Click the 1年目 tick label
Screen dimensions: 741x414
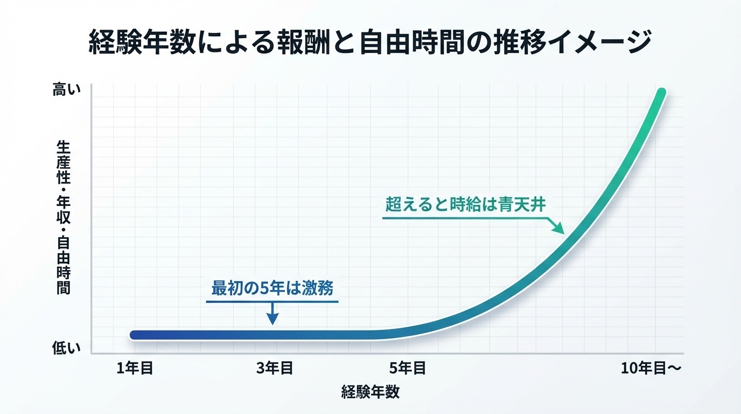(x=135, y=368)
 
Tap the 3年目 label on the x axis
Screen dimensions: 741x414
(x=275, y=368)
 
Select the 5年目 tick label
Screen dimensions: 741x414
(x=408, y=368)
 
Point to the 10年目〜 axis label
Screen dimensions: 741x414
(x=651, y=368)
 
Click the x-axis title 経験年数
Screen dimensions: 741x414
(x=370, y=392)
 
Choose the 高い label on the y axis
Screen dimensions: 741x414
(x=66, y=89)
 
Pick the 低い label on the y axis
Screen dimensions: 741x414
(x=66, y=348)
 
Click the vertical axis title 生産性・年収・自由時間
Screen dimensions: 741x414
(x=63, y=217)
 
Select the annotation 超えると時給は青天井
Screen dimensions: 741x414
(x=465, y=204)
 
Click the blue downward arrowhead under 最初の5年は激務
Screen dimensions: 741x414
(x=272, y=319)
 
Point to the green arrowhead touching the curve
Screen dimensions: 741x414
(x=559, y=228)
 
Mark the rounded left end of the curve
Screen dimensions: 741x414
(x=134, y=335)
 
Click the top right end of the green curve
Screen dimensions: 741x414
(x=662, y=92)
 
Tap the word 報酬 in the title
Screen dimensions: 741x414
(x=304, y=42)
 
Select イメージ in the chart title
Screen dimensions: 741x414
(x=599, y=42)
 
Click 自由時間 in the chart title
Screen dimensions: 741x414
(x=413, y=42)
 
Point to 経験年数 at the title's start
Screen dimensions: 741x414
(x=142, y=42)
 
